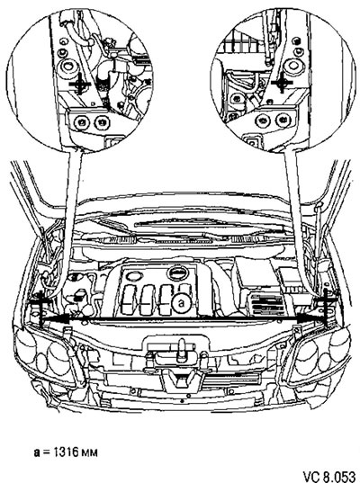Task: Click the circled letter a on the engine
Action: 182,303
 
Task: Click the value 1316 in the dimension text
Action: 67,452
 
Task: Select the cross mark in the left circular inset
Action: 79,84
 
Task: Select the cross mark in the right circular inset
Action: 282,83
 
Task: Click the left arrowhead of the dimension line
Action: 56,320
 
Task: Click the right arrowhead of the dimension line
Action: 309,320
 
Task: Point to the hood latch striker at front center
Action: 181,351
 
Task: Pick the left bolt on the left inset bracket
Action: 81,122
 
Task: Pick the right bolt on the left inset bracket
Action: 101,122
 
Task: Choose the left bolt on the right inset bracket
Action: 263,121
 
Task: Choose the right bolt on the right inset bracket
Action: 283,121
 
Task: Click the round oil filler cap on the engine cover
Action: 133,276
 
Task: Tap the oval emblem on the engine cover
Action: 177,273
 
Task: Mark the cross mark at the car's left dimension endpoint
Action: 40,308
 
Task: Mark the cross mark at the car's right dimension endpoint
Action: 326,307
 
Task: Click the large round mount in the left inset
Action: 67,67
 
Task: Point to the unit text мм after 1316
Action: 90,453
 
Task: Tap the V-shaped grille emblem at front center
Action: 181,380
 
